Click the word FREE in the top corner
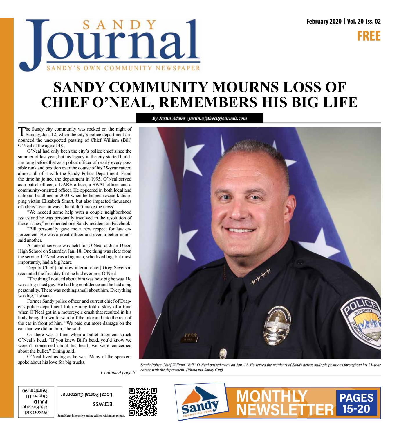coord(368,36)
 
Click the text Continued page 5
coord(118,373)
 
